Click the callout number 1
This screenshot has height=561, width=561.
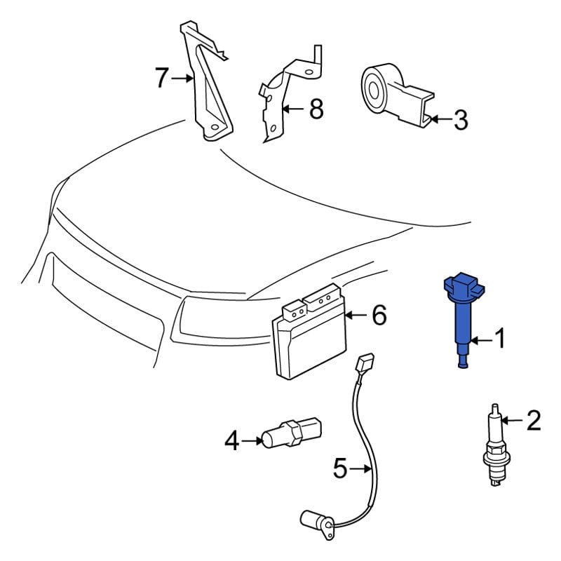pyautogui.click(x=499, y=338)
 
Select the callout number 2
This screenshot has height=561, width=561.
pyautogui.click(x=534, y=420)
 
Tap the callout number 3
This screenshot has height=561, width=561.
pyautogui.click(x=461, y=119)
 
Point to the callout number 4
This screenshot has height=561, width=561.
pyautogui.click(x=232, y=441)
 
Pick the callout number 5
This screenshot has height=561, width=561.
pyautogui.click(x=340, y=468)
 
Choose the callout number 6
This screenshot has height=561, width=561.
pyautogui.click(x=379, y=315)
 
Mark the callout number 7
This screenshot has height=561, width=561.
pyautogui.click(x=161, y=77)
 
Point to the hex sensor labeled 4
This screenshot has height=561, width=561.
pyautogui.click(x=292, y=433)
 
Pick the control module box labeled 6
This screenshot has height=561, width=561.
pyautogui.click(x=310, y=331)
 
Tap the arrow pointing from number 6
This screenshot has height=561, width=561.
pyautogui.click(x=356, y=315)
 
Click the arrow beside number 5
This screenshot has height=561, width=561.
pyautogui.click(x=360, y=468)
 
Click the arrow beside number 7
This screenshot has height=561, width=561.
pyautogui.click(x=182, y=78)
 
